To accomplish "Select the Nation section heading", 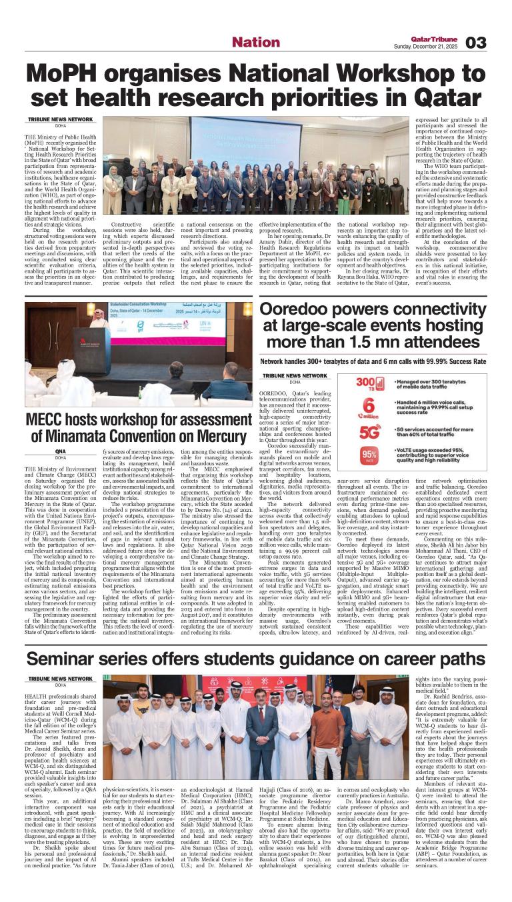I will (x=255, y=43).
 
